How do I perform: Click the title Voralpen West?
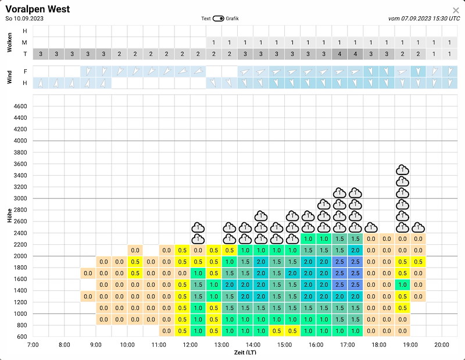tap(38, 9)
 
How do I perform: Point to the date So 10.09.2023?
tap(24, 19)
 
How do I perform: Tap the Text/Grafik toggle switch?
tap(219, 19)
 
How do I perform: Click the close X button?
tap(456, 10)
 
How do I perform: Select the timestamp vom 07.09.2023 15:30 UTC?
tap(424, 19)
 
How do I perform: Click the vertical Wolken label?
tap(9, 42)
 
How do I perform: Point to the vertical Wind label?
tap(9, 77)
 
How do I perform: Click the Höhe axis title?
tap(9, 215)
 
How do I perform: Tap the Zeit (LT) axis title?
tap(245, 352)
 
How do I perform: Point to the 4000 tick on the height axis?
tap(20, 141)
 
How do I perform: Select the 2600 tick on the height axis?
tap(20, 222)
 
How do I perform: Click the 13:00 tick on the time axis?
tap(221, 345)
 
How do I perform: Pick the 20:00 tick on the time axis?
tap(442, 345)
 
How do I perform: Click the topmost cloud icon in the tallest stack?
tap(402, 170)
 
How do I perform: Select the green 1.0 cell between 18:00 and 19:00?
tap(402, 285)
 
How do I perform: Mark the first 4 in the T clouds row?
tap(339, 54)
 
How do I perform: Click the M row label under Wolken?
tap(24, 42)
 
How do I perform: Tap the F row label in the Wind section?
tap(25, 72)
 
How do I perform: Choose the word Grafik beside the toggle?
tap(232, 19)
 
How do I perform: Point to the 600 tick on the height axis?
tap(22, 337)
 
